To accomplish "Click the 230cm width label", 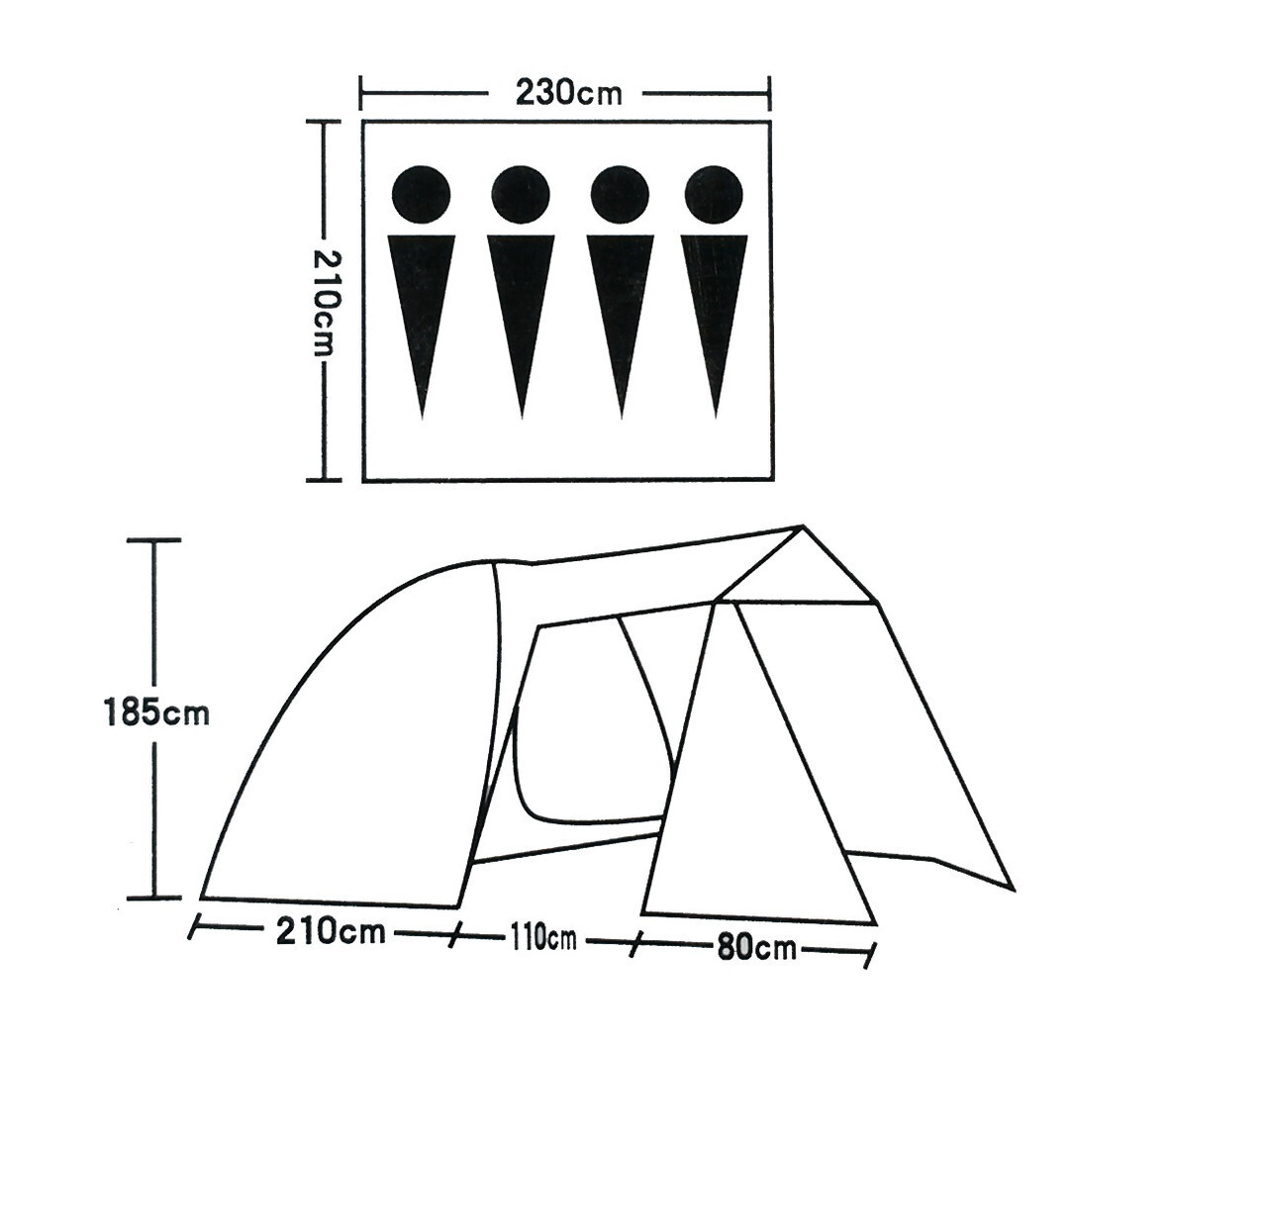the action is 569,93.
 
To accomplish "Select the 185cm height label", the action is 156,711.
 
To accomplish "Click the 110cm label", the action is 543,939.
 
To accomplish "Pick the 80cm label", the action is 756,947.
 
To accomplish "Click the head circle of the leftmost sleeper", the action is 422,195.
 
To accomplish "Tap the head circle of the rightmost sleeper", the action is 714,195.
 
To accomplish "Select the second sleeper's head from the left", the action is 521,195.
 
